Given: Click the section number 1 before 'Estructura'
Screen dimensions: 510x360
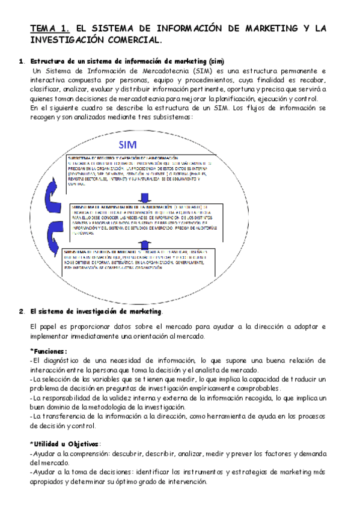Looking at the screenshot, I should point(22,61).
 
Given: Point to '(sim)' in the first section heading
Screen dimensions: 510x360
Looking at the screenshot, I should point(215,61).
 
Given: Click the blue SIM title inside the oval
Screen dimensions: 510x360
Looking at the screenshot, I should point(128,145).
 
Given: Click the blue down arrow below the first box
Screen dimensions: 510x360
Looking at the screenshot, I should point(144,197).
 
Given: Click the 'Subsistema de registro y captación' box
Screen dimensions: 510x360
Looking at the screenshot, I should point(139,172).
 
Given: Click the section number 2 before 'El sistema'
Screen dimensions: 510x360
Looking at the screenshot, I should point(22,311).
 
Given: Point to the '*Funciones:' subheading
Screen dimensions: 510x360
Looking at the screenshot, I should point(49,351).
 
